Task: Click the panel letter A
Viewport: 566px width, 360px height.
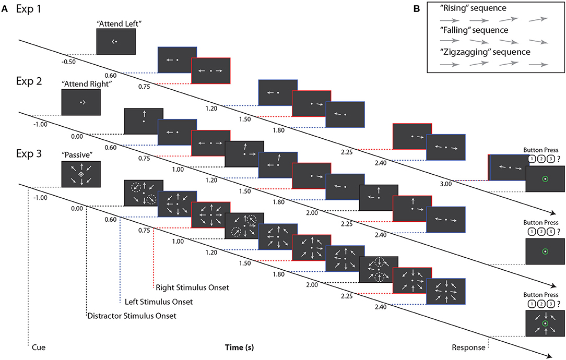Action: [x=4, y=9]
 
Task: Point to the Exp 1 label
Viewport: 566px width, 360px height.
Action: [x=30, y=9]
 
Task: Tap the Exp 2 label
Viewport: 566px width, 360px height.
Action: [x=30, y=82]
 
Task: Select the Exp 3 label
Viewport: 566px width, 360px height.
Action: [x=30, y=155]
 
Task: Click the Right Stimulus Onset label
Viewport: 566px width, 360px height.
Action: [x=192, y=287]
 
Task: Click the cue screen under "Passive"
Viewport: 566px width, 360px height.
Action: [x=81, y=174]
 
